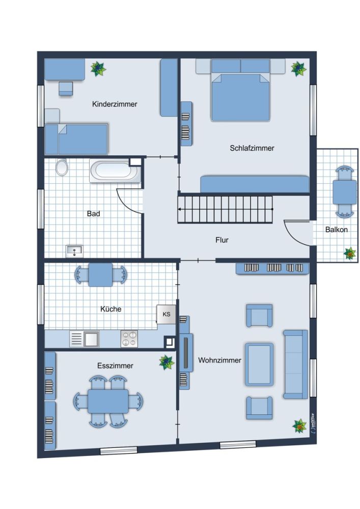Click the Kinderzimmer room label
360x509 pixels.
(115, 104)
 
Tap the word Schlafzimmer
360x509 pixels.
(252, 148)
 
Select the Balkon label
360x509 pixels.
(336, 230)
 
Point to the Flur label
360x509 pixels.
(222, 240)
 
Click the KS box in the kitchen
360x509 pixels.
(166, 314)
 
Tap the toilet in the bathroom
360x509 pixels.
(62, 167)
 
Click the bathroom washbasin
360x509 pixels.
(74, 251)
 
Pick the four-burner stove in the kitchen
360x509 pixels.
(129, 338)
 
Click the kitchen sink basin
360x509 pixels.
(92, 339)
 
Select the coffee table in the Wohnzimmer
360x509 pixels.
(259, 364)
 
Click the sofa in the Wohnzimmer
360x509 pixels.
(295, 364)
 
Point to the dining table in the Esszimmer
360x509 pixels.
(108, 401)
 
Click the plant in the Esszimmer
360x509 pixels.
(167, 362)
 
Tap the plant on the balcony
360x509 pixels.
(350, 253)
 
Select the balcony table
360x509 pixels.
(344, 192)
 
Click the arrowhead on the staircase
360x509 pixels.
(179, 209)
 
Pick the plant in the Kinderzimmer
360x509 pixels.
(98, 69)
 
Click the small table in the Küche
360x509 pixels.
(100, 275)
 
